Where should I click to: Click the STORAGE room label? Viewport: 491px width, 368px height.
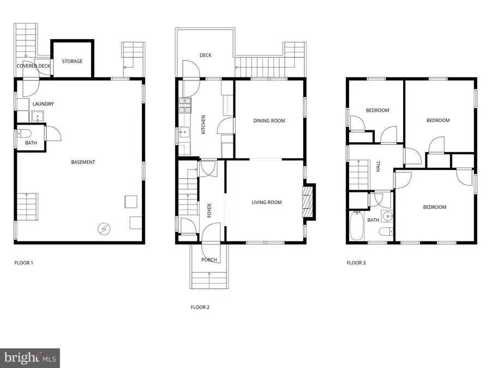72,61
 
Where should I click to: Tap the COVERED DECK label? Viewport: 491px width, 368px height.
33,66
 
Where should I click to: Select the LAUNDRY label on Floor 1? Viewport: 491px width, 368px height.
43,104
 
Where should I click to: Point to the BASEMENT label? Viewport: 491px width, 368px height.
83,162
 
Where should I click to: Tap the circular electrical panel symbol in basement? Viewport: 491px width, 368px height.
103,229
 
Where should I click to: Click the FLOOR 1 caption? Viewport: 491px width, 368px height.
23,263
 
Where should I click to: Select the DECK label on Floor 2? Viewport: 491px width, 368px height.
205,55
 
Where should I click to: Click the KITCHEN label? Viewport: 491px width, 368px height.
203,124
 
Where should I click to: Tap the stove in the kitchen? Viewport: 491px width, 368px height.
184,105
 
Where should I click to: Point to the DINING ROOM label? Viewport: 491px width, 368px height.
269,121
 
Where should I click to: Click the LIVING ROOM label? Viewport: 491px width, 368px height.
266,202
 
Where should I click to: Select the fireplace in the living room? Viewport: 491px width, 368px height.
309,202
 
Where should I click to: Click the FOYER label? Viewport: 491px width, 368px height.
209,210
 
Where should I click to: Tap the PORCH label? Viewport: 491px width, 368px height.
209,260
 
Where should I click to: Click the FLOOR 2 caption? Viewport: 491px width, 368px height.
200,307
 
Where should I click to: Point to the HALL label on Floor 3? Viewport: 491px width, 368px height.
378,167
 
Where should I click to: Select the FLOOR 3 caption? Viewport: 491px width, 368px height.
356,263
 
